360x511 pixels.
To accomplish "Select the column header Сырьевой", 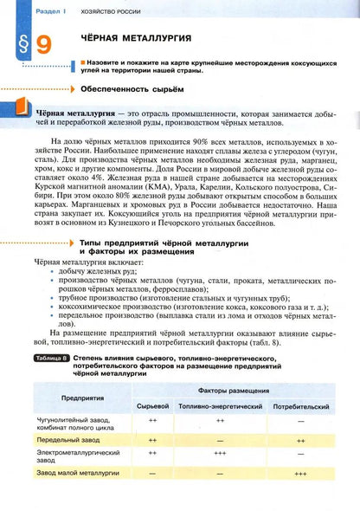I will click(x=151, y=404).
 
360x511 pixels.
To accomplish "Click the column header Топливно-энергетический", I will click(x=220, y=404).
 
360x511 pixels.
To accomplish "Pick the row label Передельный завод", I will click(x=68, y=439).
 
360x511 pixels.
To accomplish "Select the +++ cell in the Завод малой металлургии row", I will click(x=299, y=474).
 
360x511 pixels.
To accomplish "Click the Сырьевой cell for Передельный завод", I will click(x=151, y=439).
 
